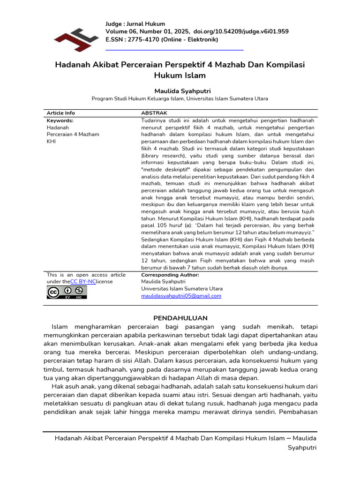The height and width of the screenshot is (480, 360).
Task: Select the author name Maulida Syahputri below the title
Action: [x=180, y=90]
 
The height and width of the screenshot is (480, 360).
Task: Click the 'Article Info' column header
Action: [x=60, y=113]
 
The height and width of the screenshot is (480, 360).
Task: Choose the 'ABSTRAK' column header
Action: [x=155, y=113]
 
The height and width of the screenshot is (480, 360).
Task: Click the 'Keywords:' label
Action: [x=60, y=120]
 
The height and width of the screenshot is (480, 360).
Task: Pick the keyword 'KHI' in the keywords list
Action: [x=51, y=141]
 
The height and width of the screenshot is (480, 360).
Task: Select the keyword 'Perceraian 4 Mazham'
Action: [x=73, y=134]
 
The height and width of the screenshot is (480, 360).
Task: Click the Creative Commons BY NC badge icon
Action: [x=67, y=292]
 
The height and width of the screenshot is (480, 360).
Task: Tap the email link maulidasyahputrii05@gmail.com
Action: [x=181, y=296]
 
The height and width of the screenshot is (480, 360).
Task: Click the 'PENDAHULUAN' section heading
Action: [x=180, y=318]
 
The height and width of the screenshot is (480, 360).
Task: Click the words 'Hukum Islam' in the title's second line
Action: [x=180, y=75]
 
